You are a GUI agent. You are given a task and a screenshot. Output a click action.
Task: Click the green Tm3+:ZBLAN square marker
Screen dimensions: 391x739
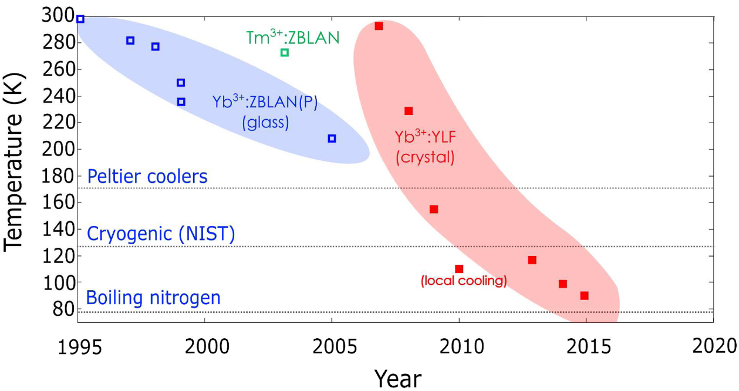tap(285, 53)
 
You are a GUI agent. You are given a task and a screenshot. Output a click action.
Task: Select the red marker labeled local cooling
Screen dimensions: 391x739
tap(459, 269)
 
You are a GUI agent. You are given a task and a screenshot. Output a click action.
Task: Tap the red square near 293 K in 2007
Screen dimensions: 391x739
tap(379, 26)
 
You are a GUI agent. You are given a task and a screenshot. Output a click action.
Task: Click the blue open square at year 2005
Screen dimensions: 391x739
tap(332, 139)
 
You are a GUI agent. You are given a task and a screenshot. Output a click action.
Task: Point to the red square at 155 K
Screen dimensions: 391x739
tap(434, 209)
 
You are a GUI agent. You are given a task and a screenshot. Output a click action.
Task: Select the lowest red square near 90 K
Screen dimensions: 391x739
tap(584, 295)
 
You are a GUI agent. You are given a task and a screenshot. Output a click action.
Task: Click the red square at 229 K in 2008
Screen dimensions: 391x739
tap(409, 111)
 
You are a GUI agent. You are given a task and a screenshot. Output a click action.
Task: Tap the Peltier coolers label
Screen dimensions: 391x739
tap(147, 177)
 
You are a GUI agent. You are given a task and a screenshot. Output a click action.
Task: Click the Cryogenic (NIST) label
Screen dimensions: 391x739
tap(161, 235)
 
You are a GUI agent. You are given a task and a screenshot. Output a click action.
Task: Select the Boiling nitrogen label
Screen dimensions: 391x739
tap(153, 298)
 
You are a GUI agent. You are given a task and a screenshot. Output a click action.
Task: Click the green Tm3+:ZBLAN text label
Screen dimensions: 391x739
tap(292, 38)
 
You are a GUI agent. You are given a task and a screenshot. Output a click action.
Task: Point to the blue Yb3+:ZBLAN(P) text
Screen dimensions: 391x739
tap(265, 103)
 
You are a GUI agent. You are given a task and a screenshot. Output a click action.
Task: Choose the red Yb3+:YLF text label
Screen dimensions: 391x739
tap(425, 137)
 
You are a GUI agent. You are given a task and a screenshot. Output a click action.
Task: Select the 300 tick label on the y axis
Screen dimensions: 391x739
tap(58, 16)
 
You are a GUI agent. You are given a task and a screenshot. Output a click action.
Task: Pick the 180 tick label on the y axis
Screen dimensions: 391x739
tap(58, 176)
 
